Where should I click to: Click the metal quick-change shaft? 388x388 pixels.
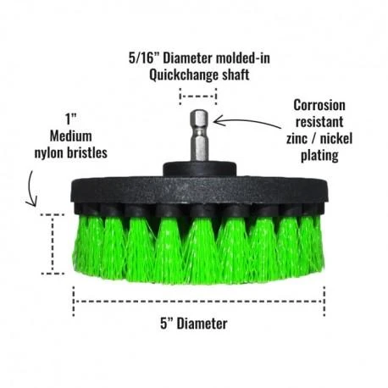click(x=199, y=136)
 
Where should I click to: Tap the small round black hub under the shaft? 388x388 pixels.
click(x=199, y=169)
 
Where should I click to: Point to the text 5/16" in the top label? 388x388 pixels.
click(x=144, y=58)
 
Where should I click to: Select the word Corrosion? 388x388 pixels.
click(x=319, y=105)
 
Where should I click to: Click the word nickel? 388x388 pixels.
click(x=337, y=138)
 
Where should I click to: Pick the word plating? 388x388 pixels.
click(x=319, y=155)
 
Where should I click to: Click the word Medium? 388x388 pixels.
click(x=71, y=136)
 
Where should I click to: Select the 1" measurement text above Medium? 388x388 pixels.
click(x=70, y=119)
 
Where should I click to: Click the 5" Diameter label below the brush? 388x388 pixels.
click(x=194, y=324)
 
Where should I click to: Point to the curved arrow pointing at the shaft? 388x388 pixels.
click(x=247, y=120)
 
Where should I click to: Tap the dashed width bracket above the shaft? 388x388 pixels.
click(x=198, y=96)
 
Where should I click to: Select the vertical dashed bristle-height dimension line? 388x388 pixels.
click(x=53, y=244)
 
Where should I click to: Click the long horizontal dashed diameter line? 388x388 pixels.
click(x=199, y=302)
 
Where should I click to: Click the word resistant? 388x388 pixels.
click(x=319, y=122)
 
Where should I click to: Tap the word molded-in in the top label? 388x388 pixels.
click(x=243, y=58)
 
